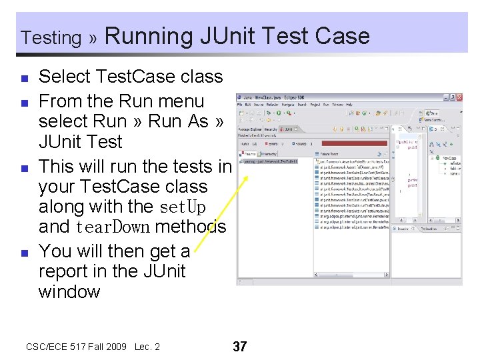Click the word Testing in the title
tap(51, 38)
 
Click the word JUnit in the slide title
tap(230, 35)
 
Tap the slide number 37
tap(239, 347)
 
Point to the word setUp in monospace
tap(183, 207)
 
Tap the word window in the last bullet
tap(69, 291)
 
